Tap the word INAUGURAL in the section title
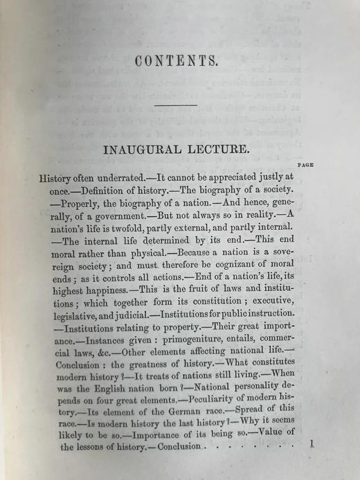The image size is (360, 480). [x=141, y=149]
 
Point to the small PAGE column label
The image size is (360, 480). [x=305, y=165]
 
